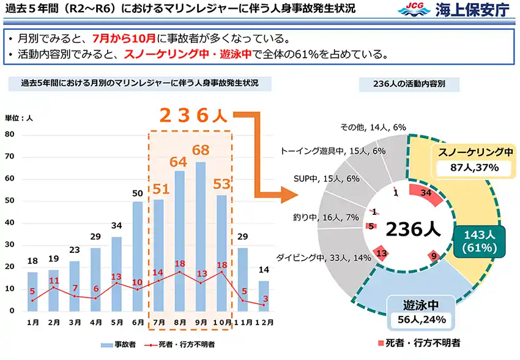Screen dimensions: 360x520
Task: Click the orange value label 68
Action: click(200, 150)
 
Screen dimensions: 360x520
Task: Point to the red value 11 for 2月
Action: click(54, 280)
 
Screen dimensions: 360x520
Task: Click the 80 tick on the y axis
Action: click(9, 133)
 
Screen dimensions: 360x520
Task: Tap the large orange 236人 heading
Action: click(193, 116)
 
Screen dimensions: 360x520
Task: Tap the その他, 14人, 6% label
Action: click(373, 127)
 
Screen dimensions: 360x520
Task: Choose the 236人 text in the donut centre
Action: click(413, 229)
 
